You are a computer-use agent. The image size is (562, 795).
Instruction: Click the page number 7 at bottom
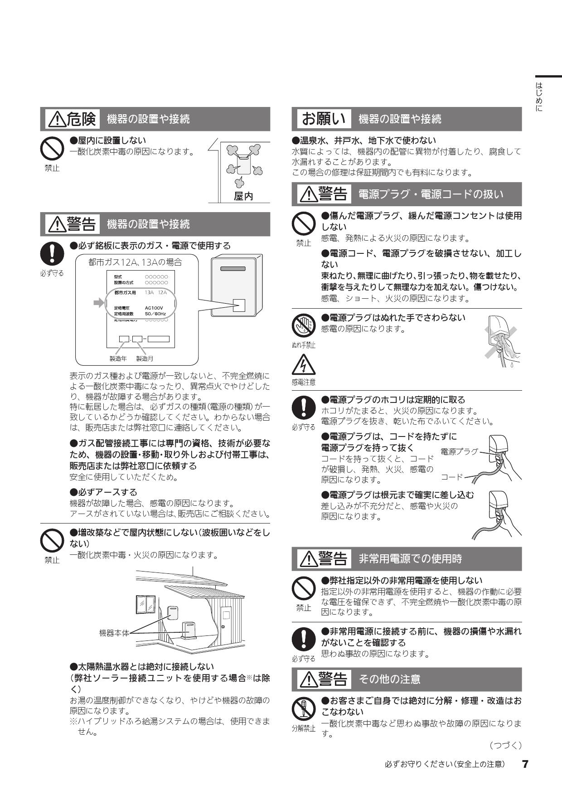525,764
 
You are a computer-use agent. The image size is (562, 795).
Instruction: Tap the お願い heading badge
324,119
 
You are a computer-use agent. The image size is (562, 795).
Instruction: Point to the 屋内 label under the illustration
243,196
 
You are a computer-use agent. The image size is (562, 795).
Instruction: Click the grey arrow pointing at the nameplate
98,303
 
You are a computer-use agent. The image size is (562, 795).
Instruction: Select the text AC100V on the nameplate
154,308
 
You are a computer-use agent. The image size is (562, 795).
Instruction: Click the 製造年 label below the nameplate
118,359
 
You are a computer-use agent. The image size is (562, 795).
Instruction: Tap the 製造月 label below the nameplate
145,359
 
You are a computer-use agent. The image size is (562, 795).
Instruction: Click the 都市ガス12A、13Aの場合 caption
135,262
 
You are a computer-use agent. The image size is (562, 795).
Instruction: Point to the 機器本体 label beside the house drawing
114,633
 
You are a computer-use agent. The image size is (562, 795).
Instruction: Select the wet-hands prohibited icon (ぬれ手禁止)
303,325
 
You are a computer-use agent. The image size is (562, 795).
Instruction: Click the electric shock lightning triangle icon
303,365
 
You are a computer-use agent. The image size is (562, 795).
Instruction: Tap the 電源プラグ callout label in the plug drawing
459,451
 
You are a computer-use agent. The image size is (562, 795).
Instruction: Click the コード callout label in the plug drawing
452,477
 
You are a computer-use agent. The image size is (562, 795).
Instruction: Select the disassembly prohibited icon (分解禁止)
303,709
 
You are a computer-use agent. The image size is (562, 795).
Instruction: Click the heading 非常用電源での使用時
410,559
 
